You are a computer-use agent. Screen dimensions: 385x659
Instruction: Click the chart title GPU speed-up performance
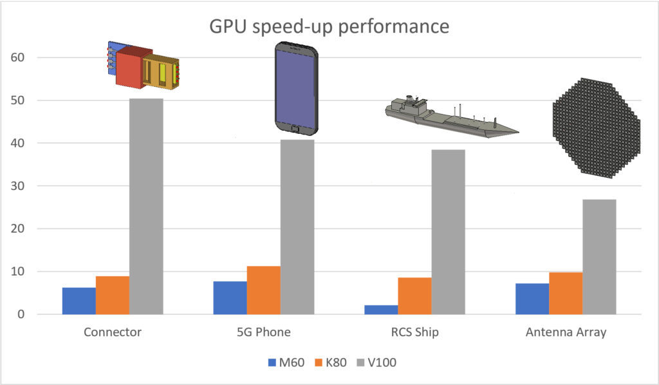click(329, 28)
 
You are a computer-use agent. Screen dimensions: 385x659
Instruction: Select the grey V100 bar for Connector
click(146, 206)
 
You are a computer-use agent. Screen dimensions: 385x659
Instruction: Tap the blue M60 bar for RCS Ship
click(381, 310)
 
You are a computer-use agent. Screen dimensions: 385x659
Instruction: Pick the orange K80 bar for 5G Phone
click(263, 290)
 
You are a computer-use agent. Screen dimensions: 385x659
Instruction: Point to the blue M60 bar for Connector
click(79, 301)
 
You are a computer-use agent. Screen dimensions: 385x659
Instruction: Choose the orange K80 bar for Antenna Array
click(566, 293)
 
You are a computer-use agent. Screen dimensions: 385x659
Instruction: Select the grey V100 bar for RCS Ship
click(448, 232)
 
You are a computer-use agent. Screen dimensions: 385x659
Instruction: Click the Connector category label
click(113, 333)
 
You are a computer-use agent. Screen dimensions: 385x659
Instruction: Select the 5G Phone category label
click(263, 333)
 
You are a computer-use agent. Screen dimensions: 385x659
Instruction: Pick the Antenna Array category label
click(565, 333)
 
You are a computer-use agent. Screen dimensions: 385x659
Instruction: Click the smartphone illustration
click(295, 89)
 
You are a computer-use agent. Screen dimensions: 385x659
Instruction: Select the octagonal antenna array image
click(595, 128)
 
